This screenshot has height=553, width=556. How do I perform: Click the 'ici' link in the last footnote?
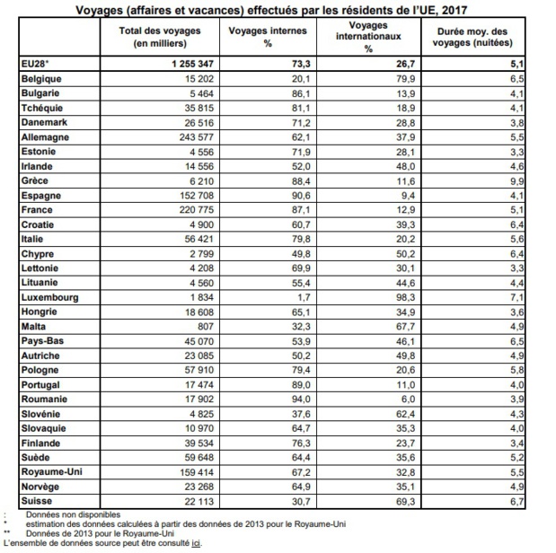click(196, 543)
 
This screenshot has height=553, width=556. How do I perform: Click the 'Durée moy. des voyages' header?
click(472, 37)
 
